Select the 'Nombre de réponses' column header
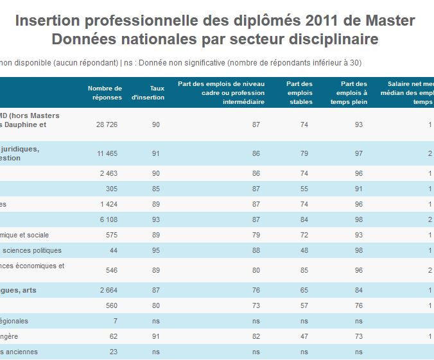[x=105, y=92]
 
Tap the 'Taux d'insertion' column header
[x=148, y=92]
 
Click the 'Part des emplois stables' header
[x=299, y=92]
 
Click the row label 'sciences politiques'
[x=31, y=251]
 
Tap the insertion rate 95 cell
[x=155, y=251]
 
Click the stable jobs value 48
[x=304, y=251]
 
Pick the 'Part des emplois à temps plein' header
[x=354, y=92]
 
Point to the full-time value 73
[x=358, y=336]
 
